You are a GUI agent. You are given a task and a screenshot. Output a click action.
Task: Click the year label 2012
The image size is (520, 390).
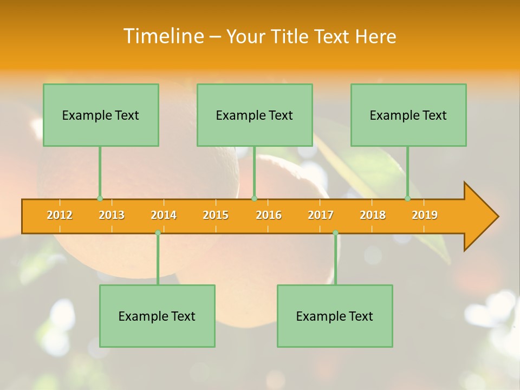[60, 215]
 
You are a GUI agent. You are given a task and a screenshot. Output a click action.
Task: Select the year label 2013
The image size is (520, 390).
[112, 215]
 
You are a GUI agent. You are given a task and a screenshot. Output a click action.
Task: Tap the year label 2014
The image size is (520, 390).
[164, 215]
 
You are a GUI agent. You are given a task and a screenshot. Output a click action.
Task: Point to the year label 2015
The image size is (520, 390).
[216, 215]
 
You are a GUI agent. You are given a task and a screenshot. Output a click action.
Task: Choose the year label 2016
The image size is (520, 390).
[269, 215]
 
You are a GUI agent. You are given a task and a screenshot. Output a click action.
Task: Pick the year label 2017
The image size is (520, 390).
[321, 215]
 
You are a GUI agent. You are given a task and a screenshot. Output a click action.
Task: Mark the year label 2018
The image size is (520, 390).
[373, 215]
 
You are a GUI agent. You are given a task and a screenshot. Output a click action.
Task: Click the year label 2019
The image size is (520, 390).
[425, 215]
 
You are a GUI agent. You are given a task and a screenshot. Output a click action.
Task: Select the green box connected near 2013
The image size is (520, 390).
[101, 115]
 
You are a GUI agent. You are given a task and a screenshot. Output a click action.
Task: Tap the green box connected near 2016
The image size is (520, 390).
[255, 115]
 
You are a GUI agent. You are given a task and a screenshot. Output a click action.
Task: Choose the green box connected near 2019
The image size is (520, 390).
[408, 115]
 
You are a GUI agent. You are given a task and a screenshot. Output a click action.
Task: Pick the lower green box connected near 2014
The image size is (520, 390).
[157, 316]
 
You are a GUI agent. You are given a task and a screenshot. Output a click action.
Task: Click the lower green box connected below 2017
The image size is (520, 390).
[335, 316]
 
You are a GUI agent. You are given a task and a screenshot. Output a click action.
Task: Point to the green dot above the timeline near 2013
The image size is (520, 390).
[100, 199]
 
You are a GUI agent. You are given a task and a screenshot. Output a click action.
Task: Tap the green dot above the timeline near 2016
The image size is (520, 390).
[254, 199]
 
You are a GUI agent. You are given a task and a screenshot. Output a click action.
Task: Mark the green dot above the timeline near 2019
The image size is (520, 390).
[407, 199]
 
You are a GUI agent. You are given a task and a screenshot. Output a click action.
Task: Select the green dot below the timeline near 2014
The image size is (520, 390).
[158, 233]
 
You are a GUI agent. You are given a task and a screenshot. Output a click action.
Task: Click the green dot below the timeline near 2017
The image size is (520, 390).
[335, 233]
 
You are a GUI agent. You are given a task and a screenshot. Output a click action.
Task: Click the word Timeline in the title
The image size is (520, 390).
[163, 36]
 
